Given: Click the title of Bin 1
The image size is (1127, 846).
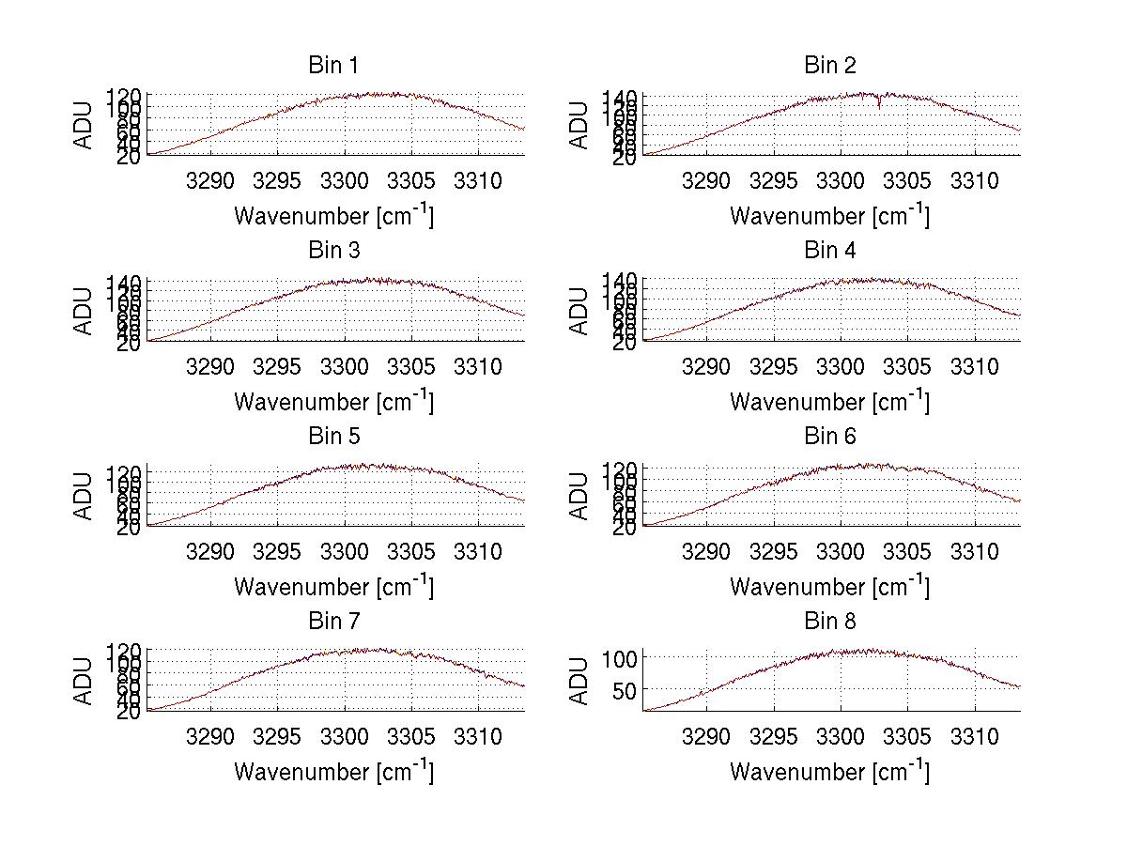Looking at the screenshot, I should coord(332,66).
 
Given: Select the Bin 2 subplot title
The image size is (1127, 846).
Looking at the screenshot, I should coord(830,66).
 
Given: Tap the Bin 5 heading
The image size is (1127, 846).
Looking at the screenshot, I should coord(332,437).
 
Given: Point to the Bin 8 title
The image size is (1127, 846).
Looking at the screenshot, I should coord(830,622).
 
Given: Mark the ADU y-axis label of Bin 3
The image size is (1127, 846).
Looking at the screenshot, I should coord(84,311).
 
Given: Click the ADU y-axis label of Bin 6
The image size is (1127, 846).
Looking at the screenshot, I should coord(579,496).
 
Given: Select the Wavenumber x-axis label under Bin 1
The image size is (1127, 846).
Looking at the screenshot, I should coord(333,215).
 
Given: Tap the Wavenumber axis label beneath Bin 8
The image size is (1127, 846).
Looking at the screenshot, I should coord(829,771).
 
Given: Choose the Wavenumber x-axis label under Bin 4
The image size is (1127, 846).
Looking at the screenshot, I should coord(829,401).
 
